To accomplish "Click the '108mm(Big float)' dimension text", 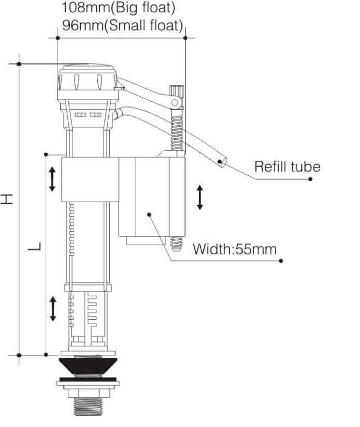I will click(119, 9).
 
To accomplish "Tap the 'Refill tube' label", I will click(287, 166).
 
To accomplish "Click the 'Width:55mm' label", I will click(235, 250).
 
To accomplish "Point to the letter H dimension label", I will click(7, 199).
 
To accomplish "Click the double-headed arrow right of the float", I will click(200, 197).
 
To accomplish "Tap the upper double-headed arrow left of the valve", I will click(52, 179).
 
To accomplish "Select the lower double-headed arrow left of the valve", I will click(52, 309).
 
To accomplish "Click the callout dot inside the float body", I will click(149, 214).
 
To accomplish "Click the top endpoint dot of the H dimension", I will click(19, 64).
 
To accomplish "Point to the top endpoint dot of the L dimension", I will click(46, 154).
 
